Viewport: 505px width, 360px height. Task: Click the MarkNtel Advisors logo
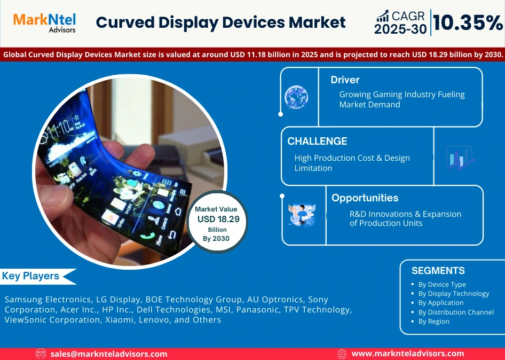[x=44, y=22]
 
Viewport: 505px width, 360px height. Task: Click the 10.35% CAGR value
[x=467, y=22]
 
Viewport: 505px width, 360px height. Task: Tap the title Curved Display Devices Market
[x=220, y=22]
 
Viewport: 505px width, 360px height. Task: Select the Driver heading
[x=345, y=80]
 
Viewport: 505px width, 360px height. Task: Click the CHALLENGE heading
[x=317, y=141]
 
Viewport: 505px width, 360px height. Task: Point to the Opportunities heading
[x=365, y=198]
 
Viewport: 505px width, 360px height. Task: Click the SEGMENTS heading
[x=438, y=270]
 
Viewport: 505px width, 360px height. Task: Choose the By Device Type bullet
[x=441, y=285]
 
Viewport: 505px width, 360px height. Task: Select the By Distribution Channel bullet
[x=455, y=312]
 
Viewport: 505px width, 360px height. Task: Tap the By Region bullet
[x=433, y=321]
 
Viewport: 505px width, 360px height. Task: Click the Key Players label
[x=30, y=276]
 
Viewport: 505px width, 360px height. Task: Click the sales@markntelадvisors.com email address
[x=109, y=354]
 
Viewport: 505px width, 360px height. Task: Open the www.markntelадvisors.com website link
[x=408, y=354]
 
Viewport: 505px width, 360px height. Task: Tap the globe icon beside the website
[x=342, y=354]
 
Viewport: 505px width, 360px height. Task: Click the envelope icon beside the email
[x=41, y=354]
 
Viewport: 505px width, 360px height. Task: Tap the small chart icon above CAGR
[x=382, y=16]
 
